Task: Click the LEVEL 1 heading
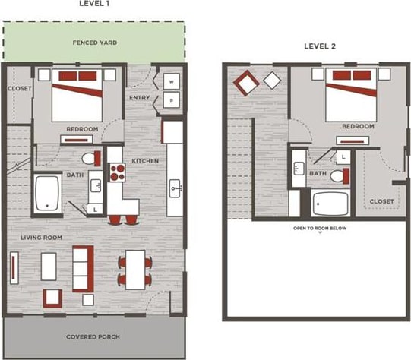point(95,4)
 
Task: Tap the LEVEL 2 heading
point(320,46)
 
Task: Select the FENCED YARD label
point(95,43)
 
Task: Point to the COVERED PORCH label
point(95,336)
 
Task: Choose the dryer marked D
point(171,99)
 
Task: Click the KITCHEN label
point(144,161)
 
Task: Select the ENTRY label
point(140,97)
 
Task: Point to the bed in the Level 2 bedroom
point(351,97)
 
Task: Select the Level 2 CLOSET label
point(381,201)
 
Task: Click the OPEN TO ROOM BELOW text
point(320,228)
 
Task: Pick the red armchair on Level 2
point(247,82)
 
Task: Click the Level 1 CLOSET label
point(18,89)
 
